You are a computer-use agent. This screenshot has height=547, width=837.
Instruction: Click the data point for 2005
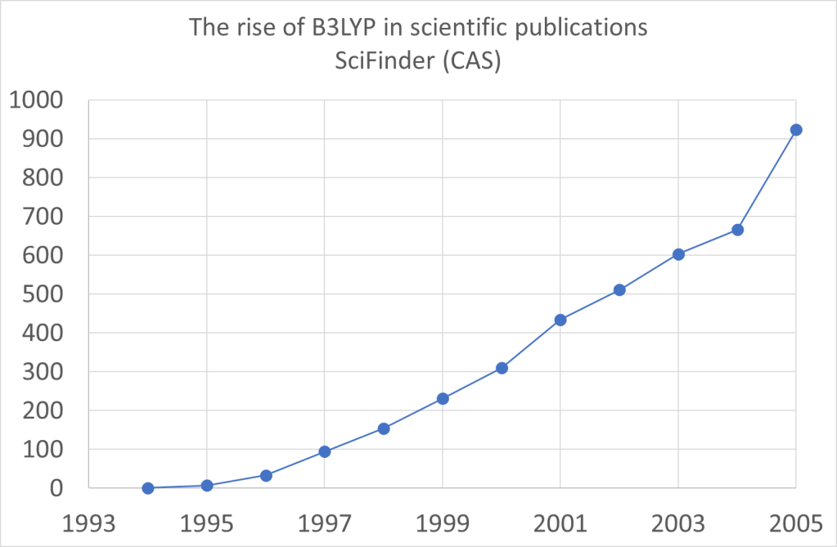tap(796, 130)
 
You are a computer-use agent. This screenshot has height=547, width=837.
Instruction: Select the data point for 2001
tap(560, 320)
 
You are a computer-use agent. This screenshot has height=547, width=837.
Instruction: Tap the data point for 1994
tap(148, 488)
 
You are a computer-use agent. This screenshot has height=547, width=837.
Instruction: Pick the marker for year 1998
tap(384, 428)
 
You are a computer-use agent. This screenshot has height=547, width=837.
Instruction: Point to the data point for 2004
tap(737, 230)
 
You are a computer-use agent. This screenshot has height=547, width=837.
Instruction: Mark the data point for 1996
tap(266, 475)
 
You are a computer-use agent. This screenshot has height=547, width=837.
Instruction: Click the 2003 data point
tap(678, 254)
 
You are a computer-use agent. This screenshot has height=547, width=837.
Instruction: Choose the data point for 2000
tap(502, 368)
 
